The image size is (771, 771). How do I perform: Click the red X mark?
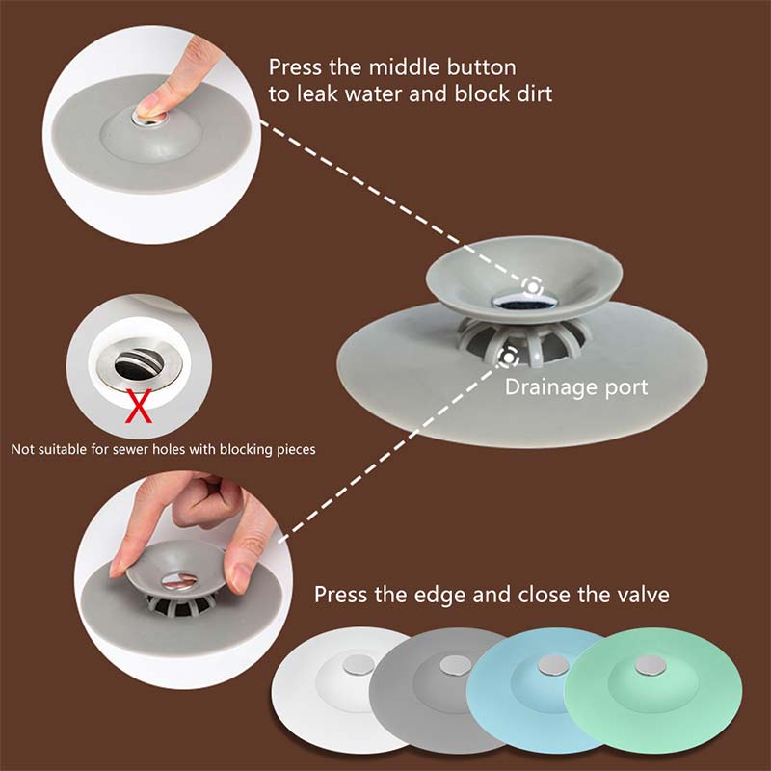pos(139,406)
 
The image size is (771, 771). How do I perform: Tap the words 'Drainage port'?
pos(575,388)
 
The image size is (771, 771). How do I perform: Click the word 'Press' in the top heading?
pos(296,67)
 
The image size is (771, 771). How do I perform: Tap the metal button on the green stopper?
pos(651,666)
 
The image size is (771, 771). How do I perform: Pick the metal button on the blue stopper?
pos(553,665)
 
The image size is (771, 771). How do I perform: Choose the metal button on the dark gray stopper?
pos(455,665)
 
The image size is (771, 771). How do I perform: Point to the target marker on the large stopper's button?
pos(533,286)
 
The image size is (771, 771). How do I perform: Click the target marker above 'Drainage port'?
pos(509,356)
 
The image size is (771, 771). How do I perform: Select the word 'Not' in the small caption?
pos(22,449)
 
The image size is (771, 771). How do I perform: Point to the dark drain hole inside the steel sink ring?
pos(138,364)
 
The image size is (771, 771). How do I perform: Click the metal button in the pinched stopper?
pos(179,579)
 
